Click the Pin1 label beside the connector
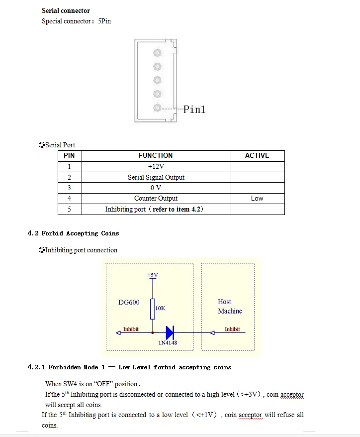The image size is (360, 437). (x=194, y=109)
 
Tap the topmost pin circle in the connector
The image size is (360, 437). (x=157, y=53)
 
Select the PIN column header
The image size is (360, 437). (x=69, y=155)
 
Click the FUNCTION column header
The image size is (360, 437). (x=156, y=155)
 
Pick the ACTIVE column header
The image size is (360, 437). (x=257, y=155)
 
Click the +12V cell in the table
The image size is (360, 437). (x=156, y=166)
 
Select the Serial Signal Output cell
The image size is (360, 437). (x=156, y=177)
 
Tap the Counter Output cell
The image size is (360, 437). (x=156, y=198)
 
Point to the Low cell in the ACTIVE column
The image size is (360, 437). (x=257, y=198)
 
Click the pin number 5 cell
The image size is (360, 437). (x=69, y=209)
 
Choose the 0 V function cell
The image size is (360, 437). (x=156, y=188)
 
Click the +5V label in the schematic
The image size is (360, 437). (x=152, y=275)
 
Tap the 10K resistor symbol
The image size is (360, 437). (x=153, y=309)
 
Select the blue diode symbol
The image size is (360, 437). (x=170, y=332)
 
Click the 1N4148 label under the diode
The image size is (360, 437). (x=168, y=342)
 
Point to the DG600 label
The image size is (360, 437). (x=129, y=303)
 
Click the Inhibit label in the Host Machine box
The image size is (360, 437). (x=232, y=329)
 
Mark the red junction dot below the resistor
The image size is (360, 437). (x=153, y=332)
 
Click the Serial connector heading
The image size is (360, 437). (x=66, y=10)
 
